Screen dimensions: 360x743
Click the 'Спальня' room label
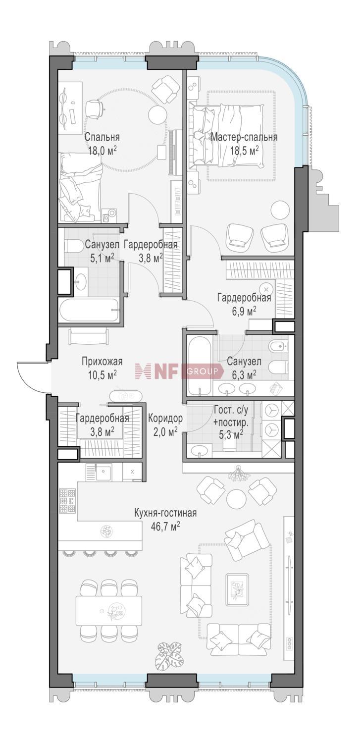tap(102, 137)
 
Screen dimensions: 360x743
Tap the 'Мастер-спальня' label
tap(244, 137)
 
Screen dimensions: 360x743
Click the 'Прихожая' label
tap(102, 361)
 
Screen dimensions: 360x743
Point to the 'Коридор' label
tap(165, 419)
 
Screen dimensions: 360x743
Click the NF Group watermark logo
tap(179, 371)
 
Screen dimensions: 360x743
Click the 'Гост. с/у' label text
tap(231, 410)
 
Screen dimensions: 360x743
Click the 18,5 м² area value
tap(244, 151)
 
